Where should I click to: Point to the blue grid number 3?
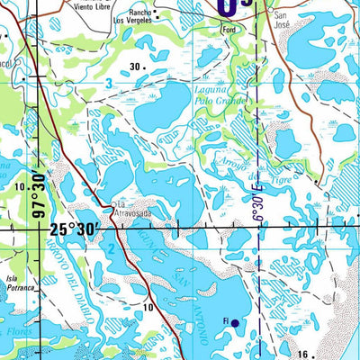click(109, 84)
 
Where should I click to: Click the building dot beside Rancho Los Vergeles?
click(156, 13)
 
